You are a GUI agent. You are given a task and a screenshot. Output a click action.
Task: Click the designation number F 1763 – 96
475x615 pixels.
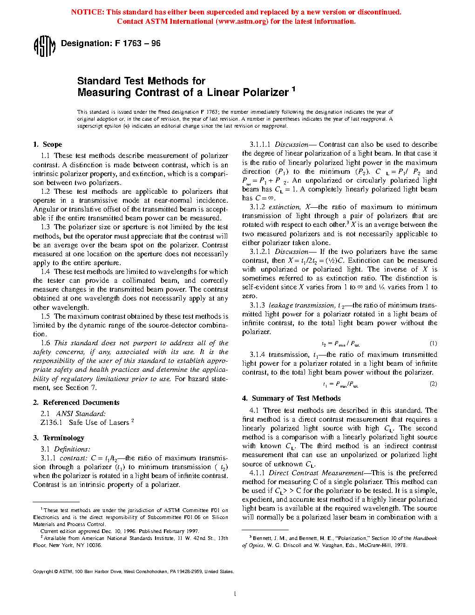[x=137, y=43]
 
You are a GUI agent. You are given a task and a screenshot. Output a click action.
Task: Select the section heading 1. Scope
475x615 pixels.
[x=47, y=144]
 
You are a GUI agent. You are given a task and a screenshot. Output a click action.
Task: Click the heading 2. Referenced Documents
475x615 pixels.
[x=76, y=403]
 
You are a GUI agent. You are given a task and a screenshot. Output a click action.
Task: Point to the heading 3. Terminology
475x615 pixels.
[x=59, y=438]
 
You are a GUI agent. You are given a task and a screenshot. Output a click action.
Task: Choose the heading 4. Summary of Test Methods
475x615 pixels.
[x=292, y=398]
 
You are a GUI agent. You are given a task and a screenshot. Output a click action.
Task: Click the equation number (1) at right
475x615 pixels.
[x=433, y=343]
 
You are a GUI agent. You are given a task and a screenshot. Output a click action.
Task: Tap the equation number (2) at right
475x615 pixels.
[x=433, y=384]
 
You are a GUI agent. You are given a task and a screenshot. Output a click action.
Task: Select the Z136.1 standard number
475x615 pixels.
[x=51, y=423]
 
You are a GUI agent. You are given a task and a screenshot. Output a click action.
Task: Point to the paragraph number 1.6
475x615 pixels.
[x=45, y=343]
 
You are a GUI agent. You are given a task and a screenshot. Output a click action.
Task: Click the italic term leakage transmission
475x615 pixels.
[x=301, y=306]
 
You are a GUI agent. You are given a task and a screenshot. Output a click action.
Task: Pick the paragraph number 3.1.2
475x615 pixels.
[x=258, y=207]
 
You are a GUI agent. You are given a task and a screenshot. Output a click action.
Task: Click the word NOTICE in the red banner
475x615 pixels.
[x=87, y=12]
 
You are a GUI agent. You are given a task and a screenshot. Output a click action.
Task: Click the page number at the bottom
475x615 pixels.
[x=235, y=594]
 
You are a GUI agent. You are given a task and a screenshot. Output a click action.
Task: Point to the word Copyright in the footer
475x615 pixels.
[x=43, y=572]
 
